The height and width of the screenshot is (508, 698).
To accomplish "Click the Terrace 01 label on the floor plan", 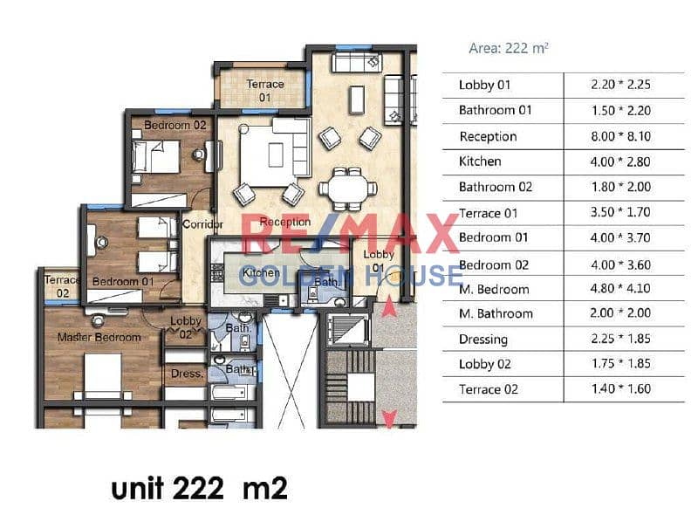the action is pyautogui.click(x=265, y=91).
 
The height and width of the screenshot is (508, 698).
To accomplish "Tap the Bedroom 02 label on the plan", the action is pyautogui.click(x=175, y=125).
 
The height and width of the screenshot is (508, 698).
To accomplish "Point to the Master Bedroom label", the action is pyautogui.click(x=99, y=338).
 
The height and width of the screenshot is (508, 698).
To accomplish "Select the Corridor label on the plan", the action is pyautogui.click(x=203, y=224).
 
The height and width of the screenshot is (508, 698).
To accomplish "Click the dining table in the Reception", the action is pyautogui.click(x=348, y=189).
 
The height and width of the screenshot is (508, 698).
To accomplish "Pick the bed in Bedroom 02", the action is pyautogui.click(x=156, y=157).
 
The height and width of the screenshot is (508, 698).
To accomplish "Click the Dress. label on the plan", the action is pyautogui.click(x=187, y=374).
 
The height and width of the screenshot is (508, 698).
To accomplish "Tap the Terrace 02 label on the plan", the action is pyautogui.click(x=62, y=286).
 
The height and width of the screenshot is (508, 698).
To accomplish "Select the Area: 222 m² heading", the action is pyautogui.click(x=509, y=48).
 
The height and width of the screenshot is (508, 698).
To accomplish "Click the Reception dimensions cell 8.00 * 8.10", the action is pyautogui.click(x=621, y=136).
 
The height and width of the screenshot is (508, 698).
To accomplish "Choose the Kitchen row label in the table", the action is pyautogui.click(x=480, y=161).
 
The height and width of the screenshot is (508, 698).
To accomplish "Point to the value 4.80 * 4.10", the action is pyautogui.click(x=620, y=288).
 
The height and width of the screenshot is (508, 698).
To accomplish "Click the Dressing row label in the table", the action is pyautogui.click(x=483, y=340).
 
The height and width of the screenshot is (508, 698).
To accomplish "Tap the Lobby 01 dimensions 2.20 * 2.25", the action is pyautogui.click(x=621, y=84).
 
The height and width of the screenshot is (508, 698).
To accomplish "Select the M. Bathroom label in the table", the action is pyautogui.click(x=496, y=313).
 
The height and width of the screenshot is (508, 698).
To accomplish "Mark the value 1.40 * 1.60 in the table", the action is pyautogui.click(x=621, y=388).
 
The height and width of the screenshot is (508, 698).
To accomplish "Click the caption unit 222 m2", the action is pyautogui.click(x=199, y=488).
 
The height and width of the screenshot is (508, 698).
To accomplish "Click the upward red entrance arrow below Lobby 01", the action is pyautogui.click(x=389, y=306).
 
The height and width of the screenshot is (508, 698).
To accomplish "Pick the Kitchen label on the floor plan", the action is pyautogui.click(x=261, y=272).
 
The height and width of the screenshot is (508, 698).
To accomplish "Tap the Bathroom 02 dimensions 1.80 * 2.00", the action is pyautogui.click(x=621, y=187).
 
